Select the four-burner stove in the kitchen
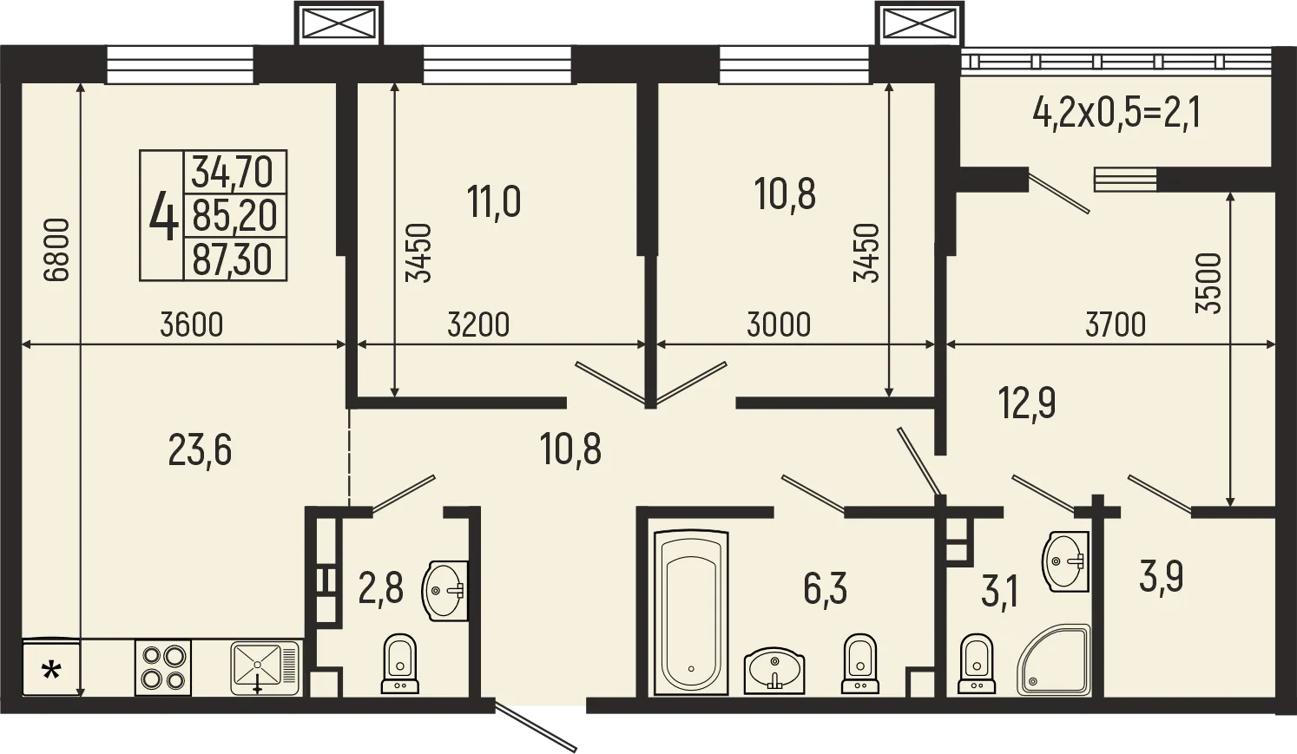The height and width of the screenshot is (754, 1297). click(163, 667)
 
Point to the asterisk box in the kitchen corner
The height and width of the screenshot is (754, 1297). click(51, 669)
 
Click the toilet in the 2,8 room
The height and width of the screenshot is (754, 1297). click(399, 664)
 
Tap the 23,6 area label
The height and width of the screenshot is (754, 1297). click(200, 450)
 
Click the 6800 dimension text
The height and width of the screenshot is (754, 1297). click(56, 250)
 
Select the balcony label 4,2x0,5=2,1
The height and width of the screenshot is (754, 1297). click(1116, 113)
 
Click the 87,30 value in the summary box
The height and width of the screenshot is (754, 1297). click(233, 259)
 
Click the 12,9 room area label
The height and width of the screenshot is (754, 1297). click(1027, 403)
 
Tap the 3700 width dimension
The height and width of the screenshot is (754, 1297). click(1115, 325)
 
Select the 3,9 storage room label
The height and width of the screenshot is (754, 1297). click(1162, 576)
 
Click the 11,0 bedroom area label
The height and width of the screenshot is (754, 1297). click(494, 203)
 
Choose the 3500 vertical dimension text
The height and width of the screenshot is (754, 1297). click(1208, 283)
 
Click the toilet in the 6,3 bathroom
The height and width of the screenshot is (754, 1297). click(859, 664)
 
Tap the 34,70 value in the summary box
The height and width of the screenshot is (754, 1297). click(233, 171)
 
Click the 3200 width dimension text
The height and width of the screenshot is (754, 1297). click(478, 325)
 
